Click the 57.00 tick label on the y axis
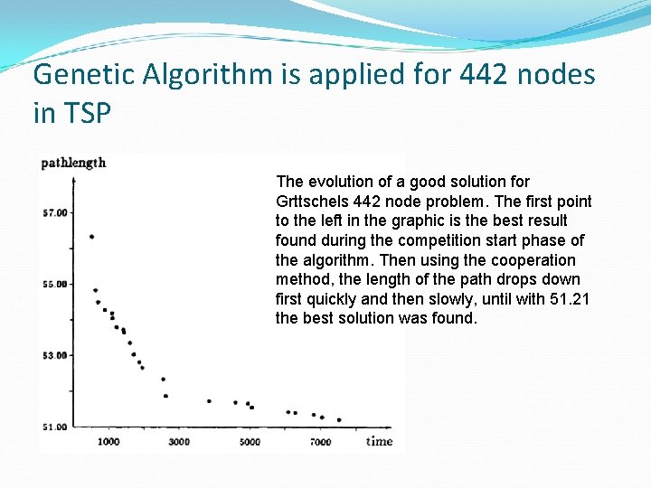54,212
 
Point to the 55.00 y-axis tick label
54,284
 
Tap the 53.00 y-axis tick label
54,355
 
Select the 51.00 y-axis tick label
54,427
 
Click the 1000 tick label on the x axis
108,441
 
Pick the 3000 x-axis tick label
179,441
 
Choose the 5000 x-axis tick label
250,441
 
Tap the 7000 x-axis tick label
320,441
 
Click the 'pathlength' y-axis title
73,163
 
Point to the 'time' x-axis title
380,441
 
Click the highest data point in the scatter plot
91,237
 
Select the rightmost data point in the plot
339,419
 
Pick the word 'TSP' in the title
89,116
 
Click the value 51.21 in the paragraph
571,299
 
